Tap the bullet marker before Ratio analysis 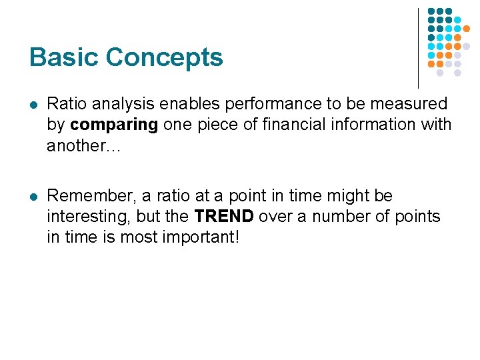(x=33, y=105)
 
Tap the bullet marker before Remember (x=33, y=197)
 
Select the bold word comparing (x=113, y=125)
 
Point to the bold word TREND (x=224, y=217)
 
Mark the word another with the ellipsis (x=83, y=145)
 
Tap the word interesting (x=89, y=217)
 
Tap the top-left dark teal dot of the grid (x=431, y=12)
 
